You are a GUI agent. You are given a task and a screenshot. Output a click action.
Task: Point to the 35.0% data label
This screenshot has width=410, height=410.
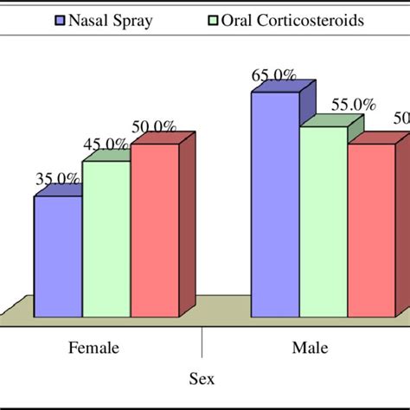coord(58,179)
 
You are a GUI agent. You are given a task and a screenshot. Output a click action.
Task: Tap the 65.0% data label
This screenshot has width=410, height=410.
coord(274,75)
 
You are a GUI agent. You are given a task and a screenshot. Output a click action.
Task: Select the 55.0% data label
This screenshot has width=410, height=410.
coord(352,105)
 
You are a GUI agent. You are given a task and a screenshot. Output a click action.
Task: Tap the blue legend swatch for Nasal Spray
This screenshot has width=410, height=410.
coord(61,19)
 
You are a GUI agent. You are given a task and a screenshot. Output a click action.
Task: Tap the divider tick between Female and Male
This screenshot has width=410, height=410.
coord(202,341)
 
